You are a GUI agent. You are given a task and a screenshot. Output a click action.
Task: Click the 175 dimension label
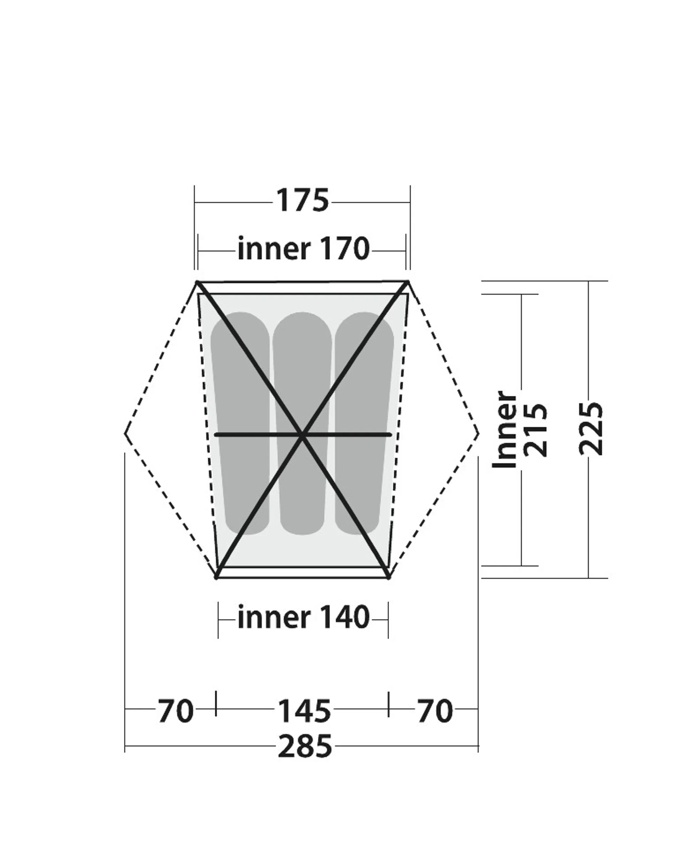[x=302, y=200]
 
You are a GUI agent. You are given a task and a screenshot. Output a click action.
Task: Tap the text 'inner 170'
[x=304, y=249]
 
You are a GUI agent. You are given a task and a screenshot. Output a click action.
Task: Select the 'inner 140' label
[x=304, y=617]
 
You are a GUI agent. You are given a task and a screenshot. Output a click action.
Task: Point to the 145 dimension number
[x=304, y=711]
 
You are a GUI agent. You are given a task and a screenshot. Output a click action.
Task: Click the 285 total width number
[x=305, y=746]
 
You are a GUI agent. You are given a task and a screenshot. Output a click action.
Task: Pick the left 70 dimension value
[x=176, y=711]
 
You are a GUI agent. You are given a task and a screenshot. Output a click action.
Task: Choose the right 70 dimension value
[x=435, y=711]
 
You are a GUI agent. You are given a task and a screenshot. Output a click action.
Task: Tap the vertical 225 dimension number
[x=591, y=429]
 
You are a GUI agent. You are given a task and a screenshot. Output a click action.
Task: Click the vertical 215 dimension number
[x=535, y=430]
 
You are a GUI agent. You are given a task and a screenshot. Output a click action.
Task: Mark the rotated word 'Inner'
[x=505, y=430]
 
